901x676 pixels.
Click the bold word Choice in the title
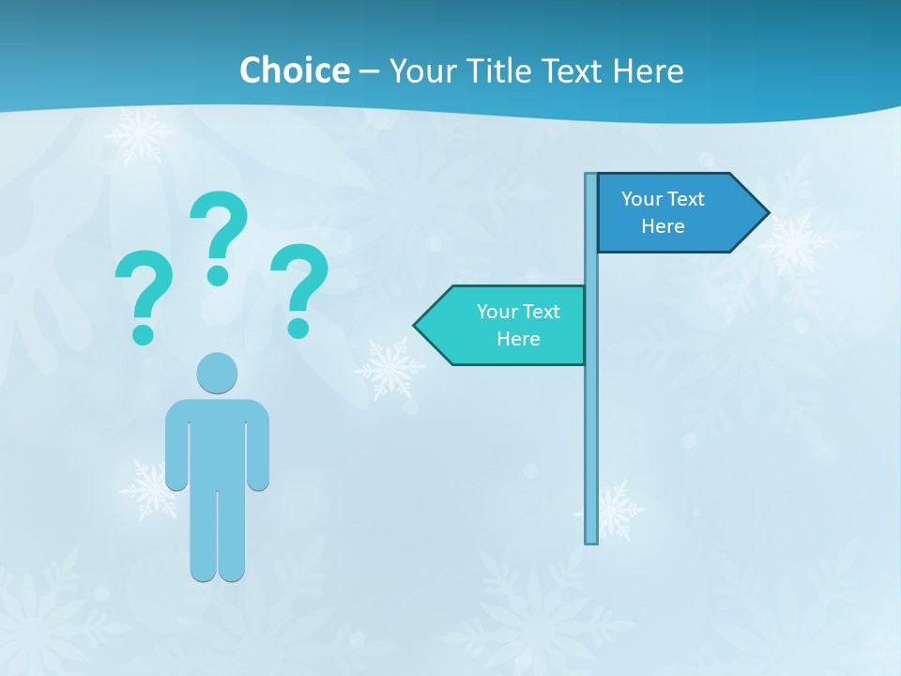(294, 70)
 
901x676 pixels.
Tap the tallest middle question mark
(219, 225)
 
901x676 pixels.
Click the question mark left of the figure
(143, 286)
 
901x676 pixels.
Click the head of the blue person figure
(217, 373)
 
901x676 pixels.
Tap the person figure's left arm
(176, 446)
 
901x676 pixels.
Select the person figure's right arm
(258, 446)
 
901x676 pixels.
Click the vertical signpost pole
(591, 422)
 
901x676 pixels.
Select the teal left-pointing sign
(507, 326)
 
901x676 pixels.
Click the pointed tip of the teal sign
(419, 326)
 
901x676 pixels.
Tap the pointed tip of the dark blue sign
(764, 213)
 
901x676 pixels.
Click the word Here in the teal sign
(518, 339)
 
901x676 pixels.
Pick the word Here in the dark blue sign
(663, 226)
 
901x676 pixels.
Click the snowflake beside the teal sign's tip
(389, 368)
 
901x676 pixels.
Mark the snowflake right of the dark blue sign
(794, 243)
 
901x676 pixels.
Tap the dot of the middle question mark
(218, 275)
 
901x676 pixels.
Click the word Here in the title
(648, 70)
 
